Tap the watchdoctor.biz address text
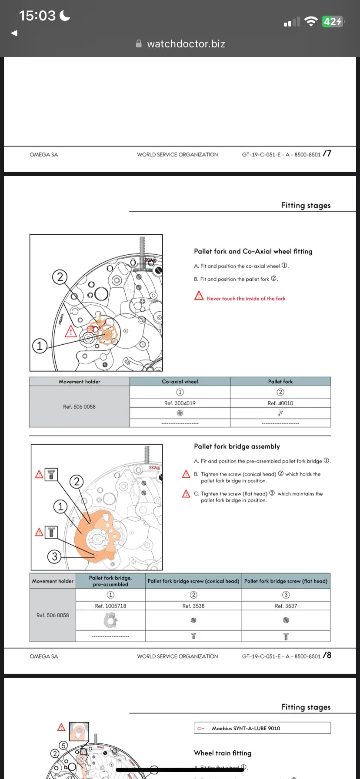pyautogui.click(x=186, y=44)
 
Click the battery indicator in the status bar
pyautogui.click(x=333, y=21)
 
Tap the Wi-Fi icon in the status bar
pyautogui.click(x=311, y=21)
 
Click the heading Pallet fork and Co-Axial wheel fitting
pyautogui.click(x=253, y=251)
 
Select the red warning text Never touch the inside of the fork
pyautogui.click(x=246, y=299)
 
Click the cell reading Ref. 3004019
pyautogui.click(x=180, y=403)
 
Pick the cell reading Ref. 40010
pyautogui.click(x=280, y=403)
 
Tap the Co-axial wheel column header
pyautogui.click(x=180, y=382)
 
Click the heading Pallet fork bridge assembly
pyautogui.click(x=237, y=446)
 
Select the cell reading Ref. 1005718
pyautogui.click(x=110, y=606)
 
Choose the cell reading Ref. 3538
pyautogui.click(x=193, y=606)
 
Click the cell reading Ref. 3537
pyautogui.click(x=286, y=606)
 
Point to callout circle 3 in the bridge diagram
pyautogui.click(x=54, y=556)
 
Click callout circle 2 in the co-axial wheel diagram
pyautogui.click(x=60, y=277)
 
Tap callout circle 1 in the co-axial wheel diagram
pyautogui.click(x=40, y=346)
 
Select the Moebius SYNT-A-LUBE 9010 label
pyautogui.click(x=246, y=728)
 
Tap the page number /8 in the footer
pyautogui.click(x=327, y=655)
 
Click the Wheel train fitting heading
pyautogui.click(x=223, y=753)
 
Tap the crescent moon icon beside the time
pyautogui.click(x=65, y=16)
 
